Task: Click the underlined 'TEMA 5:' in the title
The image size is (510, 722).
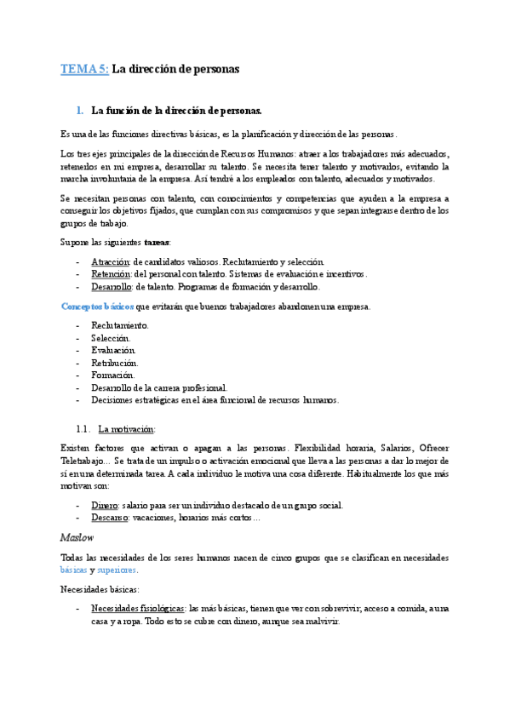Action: click(84, 69)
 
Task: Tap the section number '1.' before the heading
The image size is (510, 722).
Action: click(80, 111)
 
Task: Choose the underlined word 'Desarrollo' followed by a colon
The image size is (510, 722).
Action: click(112, 287)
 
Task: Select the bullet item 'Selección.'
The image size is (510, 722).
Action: click(111, 338)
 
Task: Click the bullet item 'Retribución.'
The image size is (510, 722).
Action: click(114, 363)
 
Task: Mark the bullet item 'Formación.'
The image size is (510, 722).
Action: click(112, 375)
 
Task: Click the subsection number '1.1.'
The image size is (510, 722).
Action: click(83, 429)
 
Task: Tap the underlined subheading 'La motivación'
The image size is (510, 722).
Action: click(127, 429)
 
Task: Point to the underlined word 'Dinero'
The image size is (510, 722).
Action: click(105, 505)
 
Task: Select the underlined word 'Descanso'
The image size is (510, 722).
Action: click(110, 518)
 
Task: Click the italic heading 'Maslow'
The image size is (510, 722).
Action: click(77, 537)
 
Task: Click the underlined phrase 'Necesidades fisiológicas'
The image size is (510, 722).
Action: click(137, 609)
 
